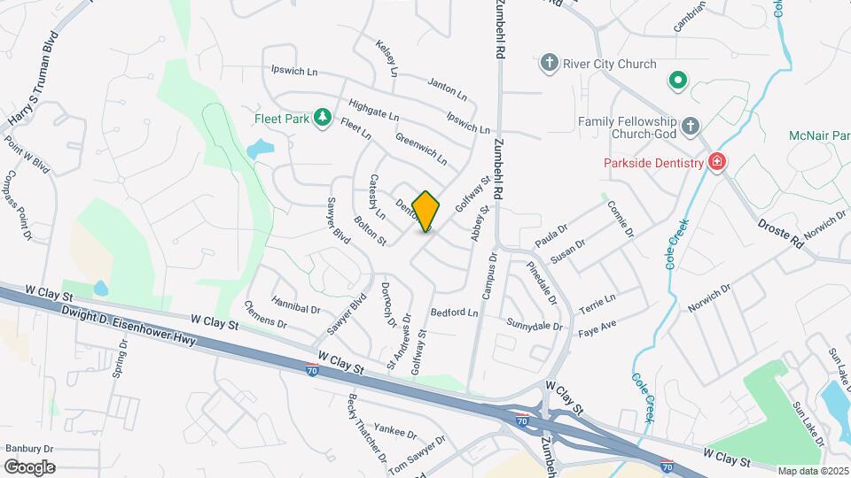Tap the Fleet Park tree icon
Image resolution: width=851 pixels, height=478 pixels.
pyautogui.click(x=324, y=118)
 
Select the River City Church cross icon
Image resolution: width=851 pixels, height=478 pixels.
pyautogui.click(x=549, y=64)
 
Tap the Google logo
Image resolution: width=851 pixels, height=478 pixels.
pyautogui.click(x=29, y=467)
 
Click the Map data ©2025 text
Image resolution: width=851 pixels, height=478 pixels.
pyautogui.click(x=812, y=471)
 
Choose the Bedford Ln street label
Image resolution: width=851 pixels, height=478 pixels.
pyautogui.click(x=454, y=313)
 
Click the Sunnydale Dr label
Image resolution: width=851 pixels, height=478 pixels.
pyautogui.click(x=535, y=326)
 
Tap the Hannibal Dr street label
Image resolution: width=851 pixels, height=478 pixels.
pyautogui.click(x=295, y=307)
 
